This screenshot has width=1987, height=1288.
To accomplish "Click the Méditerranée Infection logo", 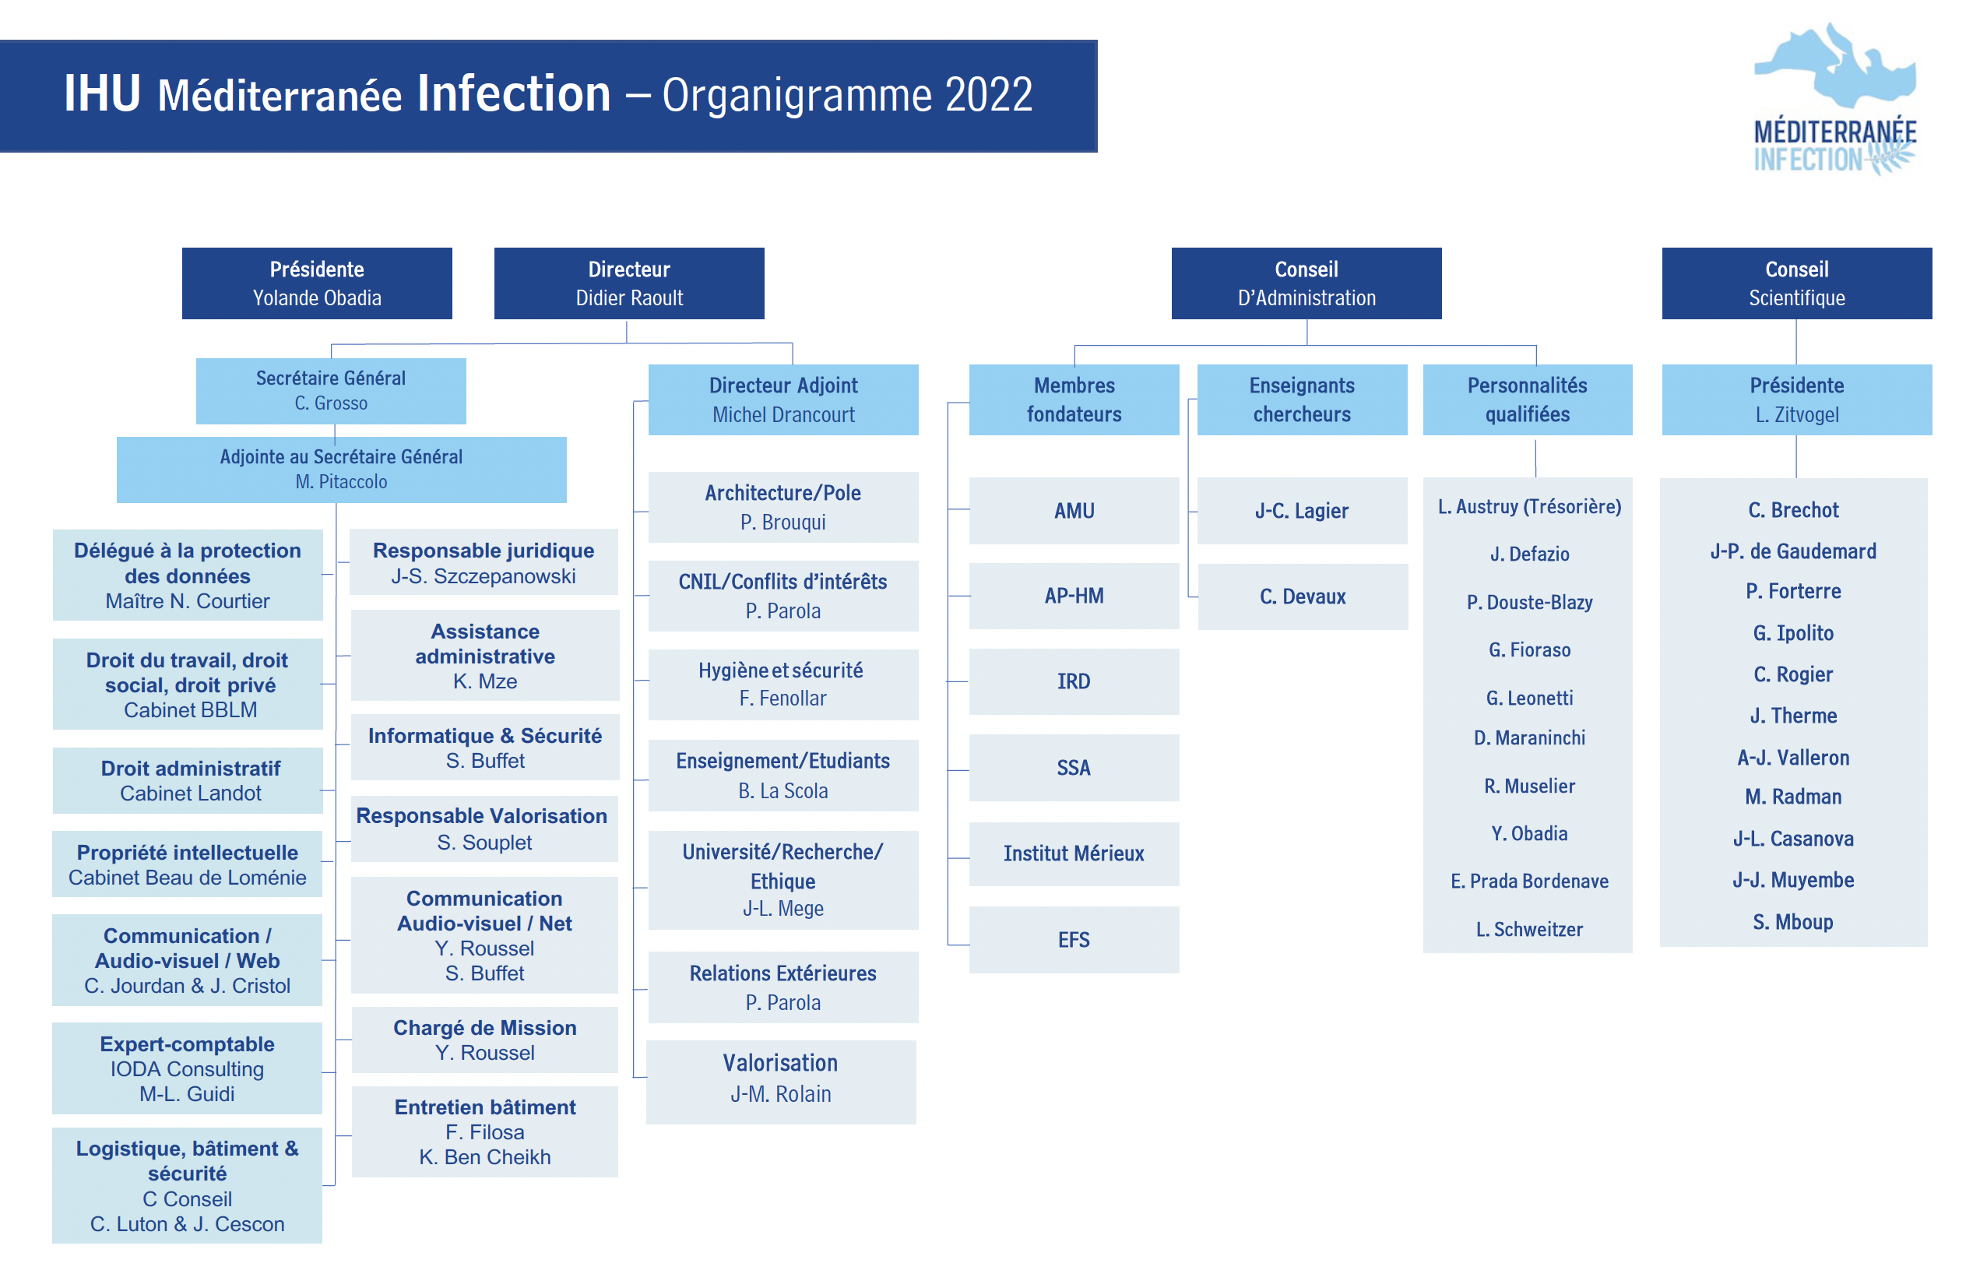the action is click(1834, 98).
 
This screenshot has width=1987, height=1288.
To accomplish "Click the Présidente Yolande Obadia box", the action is click(317, 283).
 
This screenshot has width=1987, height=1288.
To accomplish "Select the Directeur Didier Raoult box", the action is click(628, 283).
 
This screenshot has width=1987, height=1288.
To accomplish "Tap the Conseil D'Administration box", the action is click(1306, 283).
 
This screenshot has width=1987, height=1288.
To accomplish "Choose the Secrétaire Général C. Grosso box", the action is click(331, 391).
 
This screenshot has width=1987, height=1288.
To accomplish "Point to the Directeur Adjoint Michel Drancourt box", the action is click(783, 399).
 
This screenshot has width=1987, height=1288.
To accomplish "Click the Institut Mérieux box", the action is click(1074, 853).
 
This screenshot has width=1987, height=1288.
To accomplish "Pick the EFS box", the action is click(1074, 939).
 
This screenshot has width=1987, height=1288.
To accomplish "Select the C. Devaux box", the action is click(1303, 596).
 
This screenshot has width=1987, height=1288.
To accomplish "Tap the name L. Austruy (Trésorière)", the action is click(1528, 507).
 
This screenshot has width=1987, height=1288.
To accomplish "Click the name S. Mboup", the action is click(1792, 921).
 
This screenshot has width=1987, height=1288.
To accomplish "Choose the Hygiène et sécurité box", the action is click(783, 684).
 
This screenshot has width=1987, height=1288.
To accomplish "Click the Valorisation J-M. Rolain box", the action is click(781, 1082).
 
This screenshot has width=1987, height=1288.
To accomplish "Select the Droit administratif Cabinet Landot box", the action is click(188, 780).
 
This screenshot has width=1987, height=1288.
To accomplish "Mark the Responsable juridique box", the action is click(484, 561).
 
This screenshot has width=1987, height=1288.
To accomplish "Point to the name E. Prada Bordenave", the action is click(1528, 882).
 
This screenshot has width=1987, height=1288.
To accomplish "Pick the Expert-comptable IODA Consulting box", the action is click(187, 1068).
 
